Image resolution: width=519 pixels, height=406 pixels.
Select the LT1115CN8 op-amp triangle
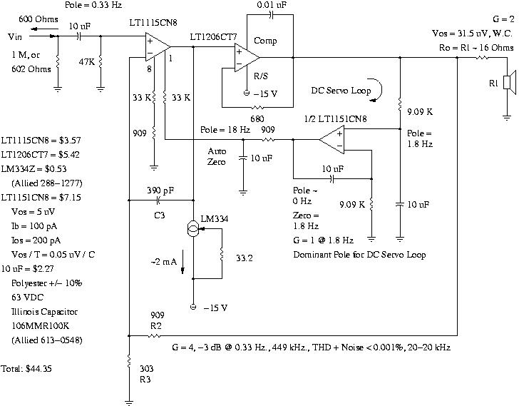[156, 47]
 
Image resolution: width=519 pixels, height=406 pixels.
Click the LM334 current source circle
[193, 229]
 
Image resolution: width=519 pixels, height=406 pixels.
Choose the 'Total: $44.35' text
[28, 369]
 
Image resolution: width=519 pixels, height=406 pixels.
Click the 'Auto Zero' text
[217, 156]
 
